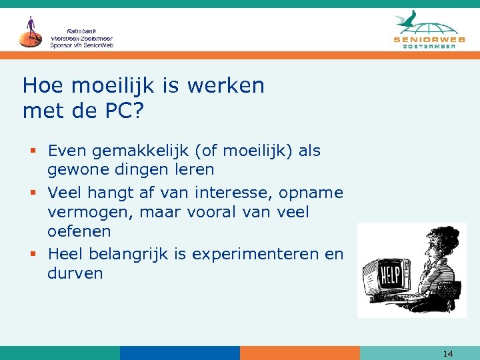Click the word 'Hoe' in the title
coord(43,86)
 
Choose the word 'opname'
coord(311,193)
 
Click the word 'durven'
coord(75,273)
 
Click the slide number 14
coord(447,353)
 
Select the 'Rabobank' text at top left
coord(82,31)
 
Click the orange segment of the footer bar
coord(299,353)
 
